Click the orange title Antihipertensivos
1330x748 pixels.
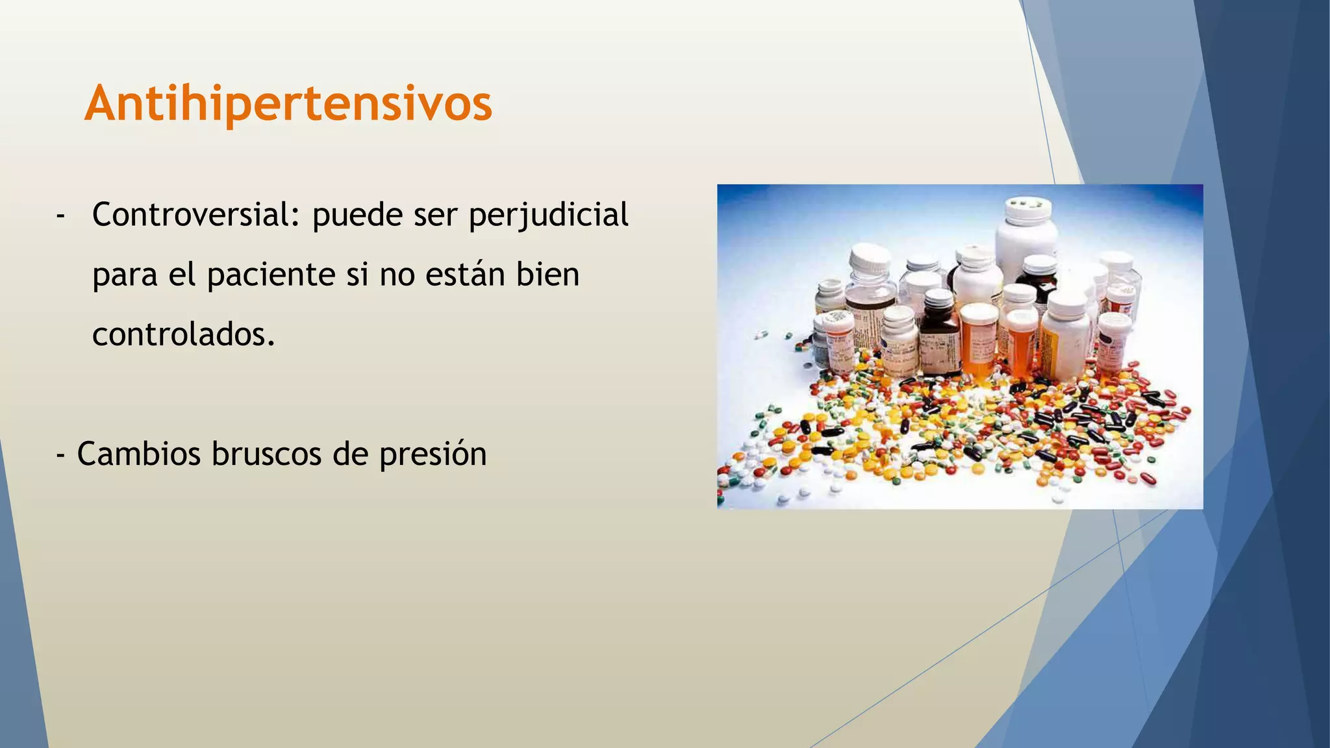coord(288,104)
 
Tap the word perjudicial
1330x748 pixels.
coord(548,216)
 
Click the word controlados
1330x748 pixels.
coord(184,334)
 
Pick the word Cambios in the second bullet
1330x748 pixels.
coord(139,453)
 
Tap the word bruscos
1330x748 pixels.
coord(266,453)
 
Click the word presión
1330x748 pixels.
coord(433,455)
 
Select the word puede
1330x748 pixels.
coord(358,216)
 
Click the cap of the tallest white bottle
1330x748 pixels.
coord(1028,209)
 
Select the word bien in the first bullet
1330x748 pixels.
coord(547,274)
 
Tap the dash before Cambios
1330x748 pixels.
coord(60,454)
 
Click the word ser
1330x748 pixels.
coord(435,215)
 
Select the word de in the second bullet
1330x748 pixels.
coord(350,453)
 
